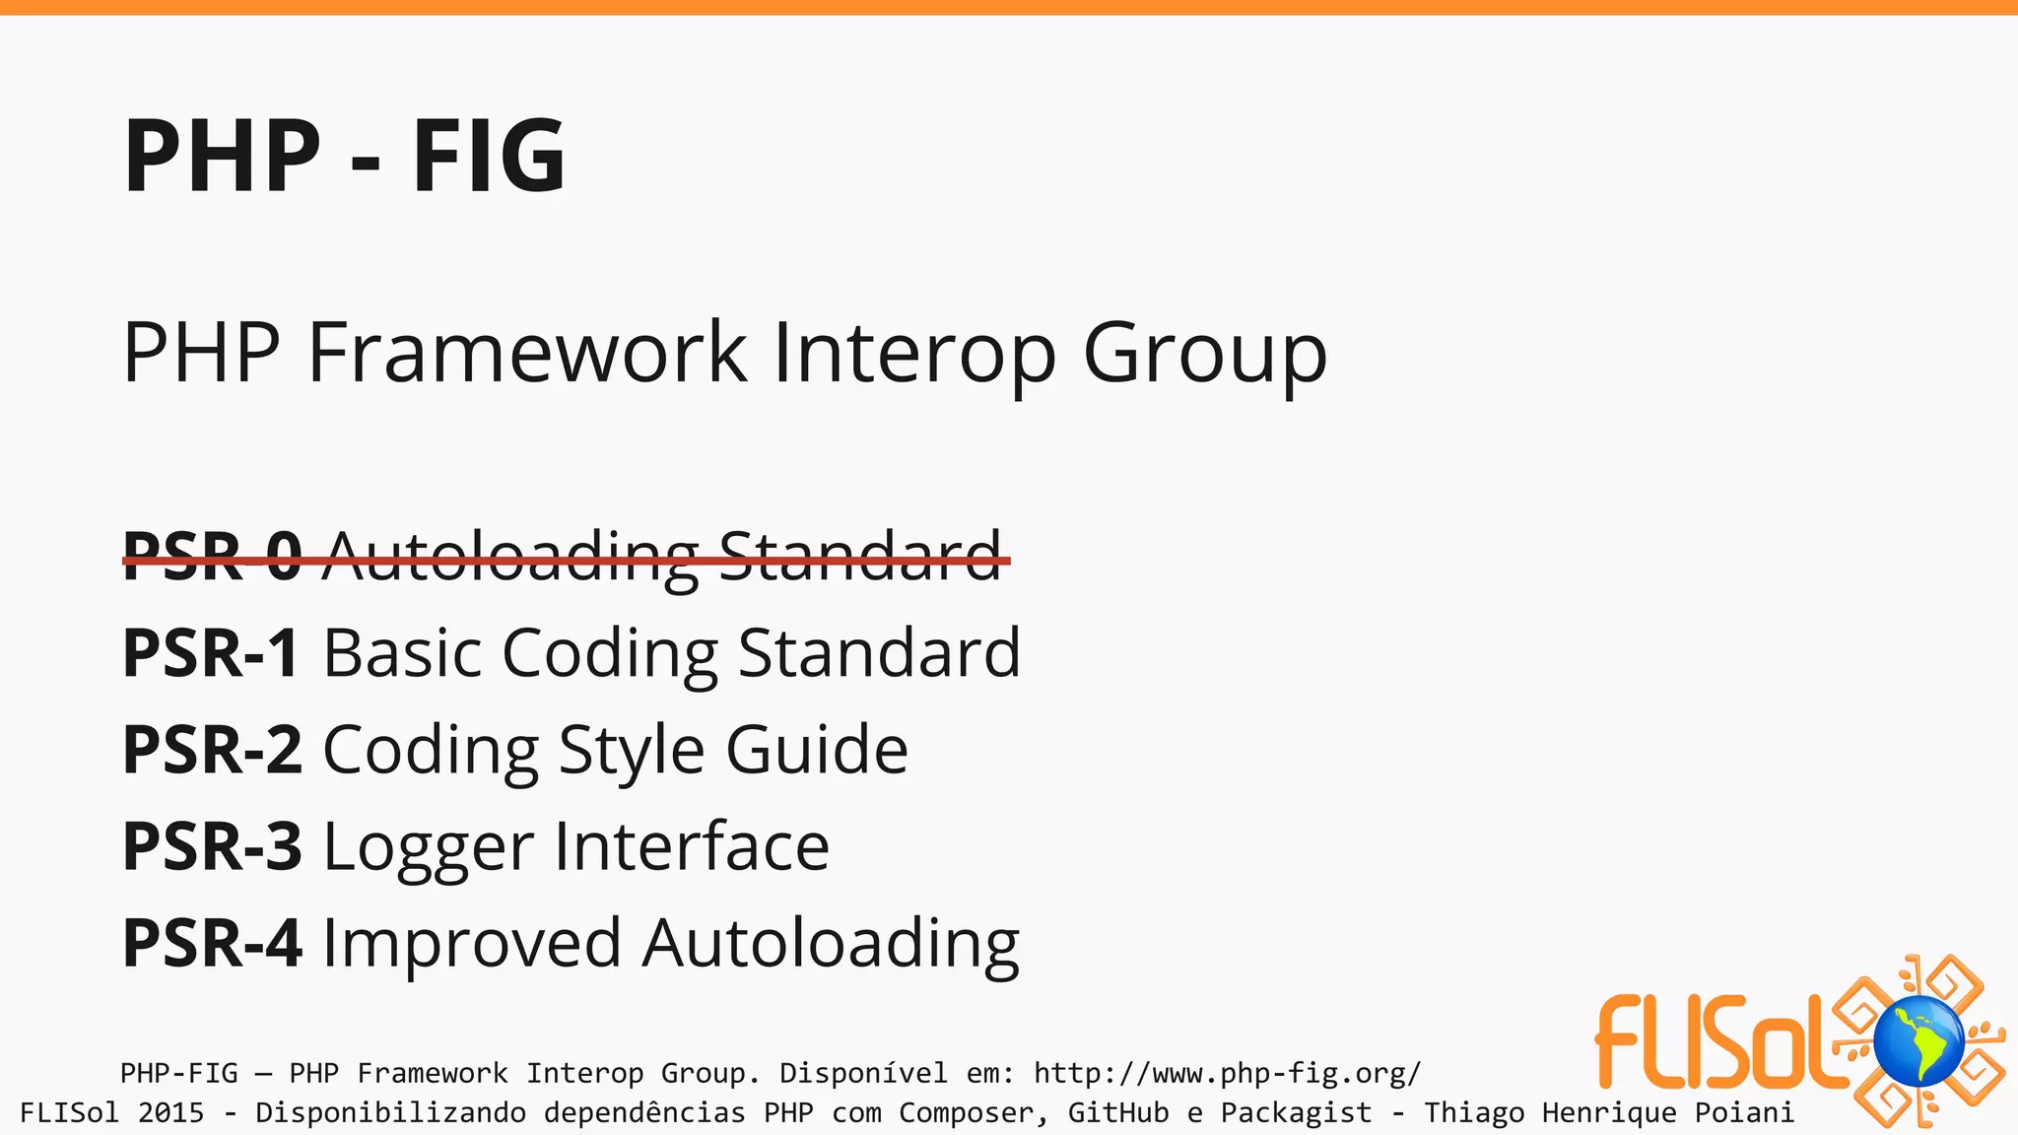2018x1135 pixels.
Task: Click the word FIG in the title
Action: coord(489,156)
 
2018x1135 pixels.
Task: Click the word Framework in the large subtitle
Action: coord(527,352)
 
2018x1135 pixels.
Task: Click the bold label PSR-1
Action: coord(211,653)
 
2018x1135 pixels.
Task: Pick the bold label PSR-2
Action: coord(212,750)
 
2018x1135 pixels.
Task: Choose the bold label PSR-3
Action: coord(212,846)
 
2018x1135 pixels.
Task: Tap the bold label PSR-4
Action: coord(212,943)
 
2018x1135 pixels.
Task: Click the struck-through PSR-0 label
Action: coord(212,557)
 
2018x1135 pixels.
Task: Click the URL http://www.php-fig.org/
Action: coord(1227,1073)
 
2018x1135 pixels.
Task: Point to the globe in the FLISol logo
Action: coord(1918,1041)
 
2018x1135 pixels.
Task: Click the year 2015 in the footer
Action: coord(170,1113)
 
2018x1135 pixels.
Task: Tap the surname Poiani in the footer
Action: coord(1744,1113)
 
